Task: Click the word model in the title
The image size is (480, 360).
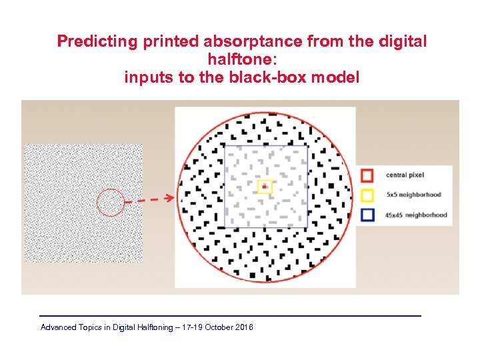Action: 337,77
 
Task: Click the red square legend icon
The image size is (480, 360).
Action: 367,175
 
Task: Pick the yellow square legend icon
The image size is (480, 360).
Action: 367,195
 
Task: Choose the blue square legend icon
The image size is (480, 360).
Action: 367,215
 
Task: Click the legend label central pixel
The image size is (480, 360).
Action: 405,175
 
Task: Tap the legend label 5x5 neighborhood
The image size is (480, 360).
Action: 413,195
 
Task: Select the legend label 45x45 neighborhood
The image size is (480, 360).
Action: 416,215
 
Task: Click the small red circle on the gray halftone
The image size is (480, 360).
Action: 111,203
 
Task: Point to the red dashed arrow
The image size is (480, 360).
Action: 150,199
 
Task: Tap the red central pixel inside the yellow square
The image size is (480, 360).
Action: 265,187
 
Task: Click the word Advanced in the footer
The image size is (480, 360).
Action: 59,327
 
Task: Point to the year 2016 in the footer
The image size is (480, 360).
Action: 244,327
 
